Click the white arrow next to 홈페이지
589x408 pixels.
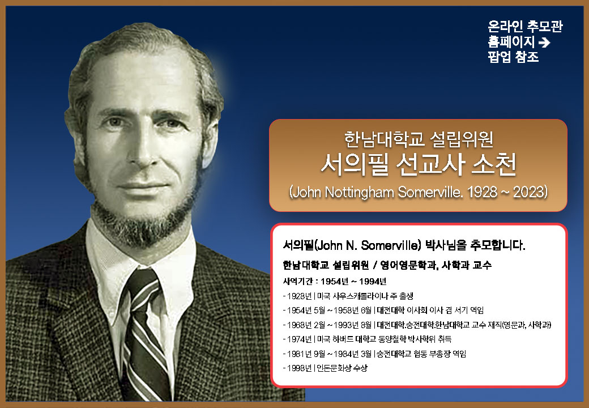544,42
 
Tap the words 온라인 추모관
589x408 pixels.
525,26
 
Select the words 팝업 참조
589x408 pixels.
513,57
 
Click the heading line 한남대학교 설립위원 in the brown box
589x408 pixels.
419,139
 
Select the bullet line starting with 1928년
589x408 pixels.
348,296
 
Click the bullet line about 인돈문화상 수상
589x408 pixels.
325,368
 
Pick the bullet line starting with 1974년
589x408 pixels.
367,339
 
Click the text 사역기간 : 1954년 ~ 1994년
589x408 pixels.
335,282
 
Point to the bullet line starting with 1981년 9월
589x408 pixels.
374,354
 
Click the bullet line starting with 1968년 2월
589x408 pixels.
417,325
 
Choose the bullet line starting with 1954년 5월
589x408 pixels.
383,311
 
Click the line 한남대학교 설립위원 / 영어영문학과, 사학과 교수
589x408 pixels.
387,265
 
